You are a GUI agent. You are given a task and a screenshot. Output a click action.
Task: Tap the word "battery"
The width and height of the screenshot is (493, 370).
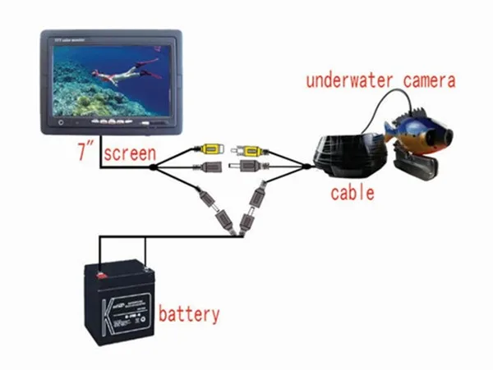190,313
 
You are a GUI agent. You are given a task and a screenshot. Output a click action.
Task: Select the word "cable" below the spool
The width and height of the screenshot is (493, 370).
352,194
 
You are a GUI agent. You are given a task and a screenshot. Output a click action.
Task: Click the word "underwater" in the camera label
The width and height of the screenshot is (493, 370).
352,81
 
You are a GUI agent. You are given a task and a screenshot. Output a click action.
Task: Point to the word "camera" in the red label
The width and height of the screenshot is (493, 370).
430,81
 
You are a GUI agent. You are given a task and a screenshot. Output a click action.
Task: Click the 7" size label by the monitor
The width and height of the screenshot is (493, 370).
83,153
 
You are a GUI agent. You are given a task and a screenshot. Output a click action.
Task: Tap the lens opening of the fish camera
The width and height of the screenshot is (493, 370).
451,133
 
